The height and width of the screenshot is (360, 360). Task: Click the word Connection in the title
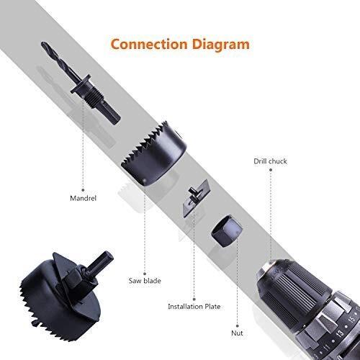coord(149,45)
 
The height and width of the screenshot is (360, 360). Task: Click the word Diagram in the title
coord(221,45)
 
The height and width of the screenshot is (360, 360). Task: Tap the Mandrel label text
coord(83,198)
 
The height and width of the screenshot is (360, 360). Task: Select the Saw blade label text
coord(145,281)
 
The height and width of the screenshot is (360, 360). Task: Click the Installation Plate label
coord(194,307)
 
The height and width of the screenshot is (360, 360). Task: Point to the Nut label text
coord(237,333)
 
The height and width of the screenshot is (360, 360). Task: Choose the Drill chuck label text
coord(270,161)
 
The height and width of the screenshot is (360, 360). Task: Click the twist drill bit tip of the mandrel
coord(43,44)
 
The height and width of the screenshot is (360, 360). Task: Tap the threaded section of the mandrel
coord(95,99)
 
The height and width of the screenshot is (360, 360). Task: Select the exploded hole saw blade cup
coord(153,153)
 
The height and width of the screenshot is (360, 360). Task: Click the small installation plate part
coord(197,198)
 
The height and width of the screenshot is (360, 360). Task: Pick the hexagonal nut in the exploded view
coord(227,231)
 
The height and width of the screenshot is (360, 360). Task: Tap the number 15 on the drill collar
coord(351,320)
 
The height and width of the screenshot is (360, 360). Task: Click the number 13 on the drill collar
coord(340,333)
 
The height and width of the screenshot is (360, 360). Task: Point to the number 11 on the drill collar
coord(326,347)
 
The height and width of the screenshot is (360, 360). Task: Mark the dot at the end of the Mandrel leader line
coord(83,190)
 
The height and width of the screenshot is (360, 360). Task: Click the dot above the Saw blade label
coord(145,274)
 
